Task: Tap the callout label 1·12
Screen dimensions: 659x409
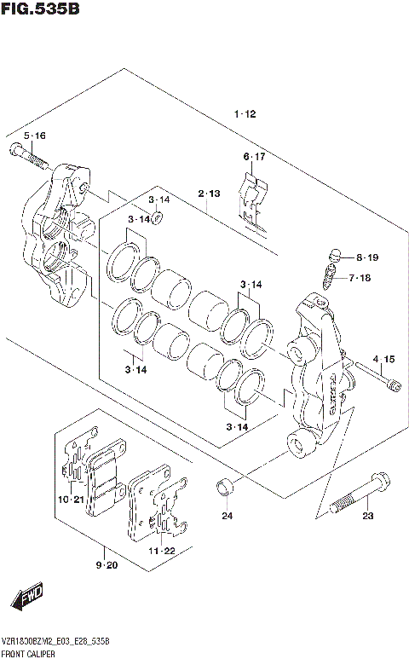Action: pyautogui.click(x=245, y=114)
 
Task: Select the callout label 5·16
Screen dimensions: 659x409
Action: pyautogui.click(x=35, y=136)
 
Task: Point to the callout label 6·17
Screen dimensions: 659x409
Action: pyautogui.click(x=254, y=157)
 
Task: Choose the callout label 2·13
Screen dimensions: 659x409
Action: pyautogui.click(x=210, y=194)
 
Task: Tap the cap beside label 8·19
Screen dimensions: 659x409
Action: pyautogui.click(x=335, y=254)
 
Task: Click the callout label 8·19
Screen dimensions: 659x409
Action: pyautogui.click(x=367, y=257)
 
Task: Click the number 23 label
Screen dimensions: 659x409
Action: pyautogui.click(x=368, y=516)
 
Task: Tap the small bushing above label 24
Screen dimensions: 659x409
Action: pyautogui.click(x=227, y=488)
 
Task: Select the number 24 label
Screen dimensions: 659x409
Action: pyautogui.click(x=227, y=516)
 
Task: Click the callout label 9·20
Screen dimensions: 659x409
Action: pyautogui.click(x=107, y=564)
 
